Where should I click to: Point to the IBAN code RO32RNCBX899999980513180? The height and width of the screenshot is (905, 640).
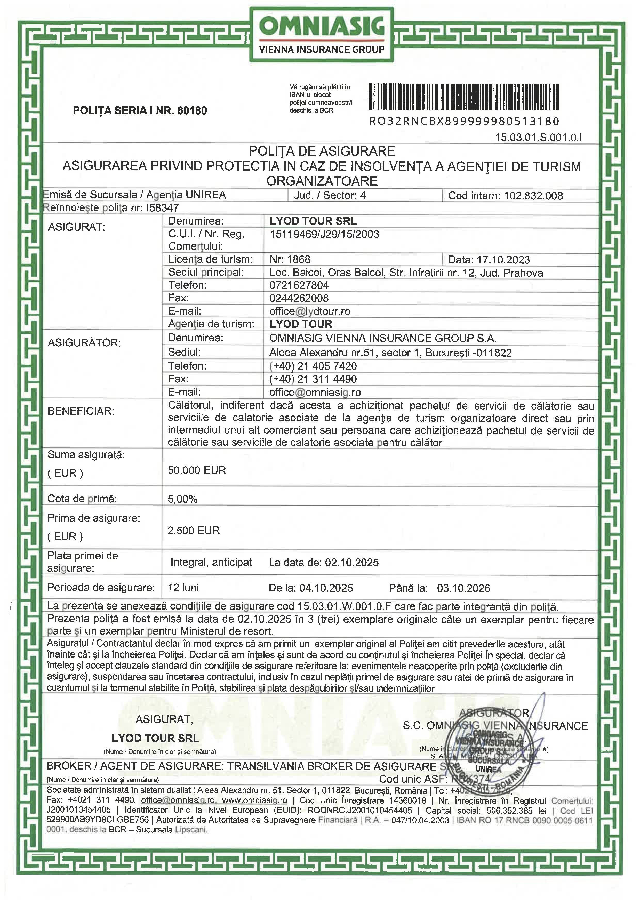[464, 121]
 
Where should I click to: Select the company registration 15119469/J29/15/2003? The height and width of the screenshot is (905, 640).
[324, 234]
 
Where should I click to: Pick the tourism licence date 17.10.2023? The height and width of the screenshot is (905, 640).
[503, 260]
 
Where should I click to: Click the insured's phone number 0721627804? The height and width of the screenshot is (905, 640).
[299, 285]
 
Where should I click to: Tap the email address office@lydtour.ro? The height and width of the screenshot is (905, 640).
[310, 311]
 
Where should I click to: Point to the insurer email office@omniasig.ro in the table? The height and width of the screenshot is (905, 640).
[315, 392]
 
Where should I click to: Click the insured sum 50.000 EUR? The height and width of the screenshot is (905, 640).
[197, 470]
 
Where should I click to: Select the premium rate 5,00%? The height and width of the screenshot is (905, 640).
[182, 499]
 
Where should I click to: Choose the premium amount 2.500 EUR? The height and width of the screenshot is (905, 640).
[194, 531]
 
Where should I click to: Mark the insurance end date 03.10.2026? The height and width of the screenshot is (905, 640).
[463, 588]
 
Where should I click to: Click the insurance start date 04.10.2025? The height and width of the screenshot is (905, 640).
[326, 588]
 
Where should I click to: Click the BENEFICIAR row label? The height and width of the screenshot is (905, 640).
[81, 411]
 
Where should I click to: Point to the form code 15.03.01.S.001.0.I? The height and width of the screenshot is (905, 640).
[538, 138]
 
